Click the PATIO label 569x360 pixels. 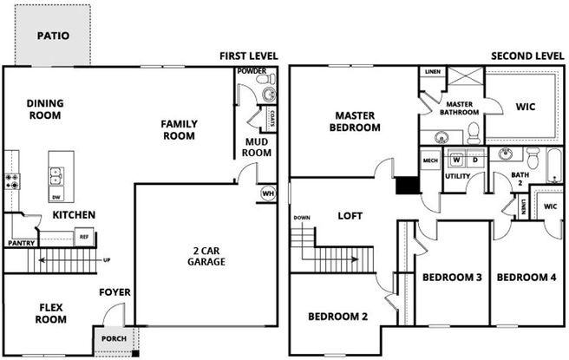coord(52,36)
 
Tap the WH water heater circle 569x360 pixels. coord(267,193)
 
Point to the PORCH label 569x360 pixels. coord(112,338)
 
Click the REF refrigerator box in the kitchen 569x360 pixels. coord(84,236)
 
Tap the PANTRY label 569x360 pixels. coord(21,244)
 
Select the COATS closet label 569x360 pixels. coord(271,117)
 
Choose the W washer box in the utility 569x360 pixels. coord(456,160)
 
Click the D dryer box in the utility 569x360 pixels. coord(475,160)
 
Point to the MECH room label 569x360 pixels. coord(430,160)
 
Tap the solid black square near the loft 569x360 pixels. coord(407,186)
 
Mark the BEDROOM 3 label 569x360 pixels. coord(452,278)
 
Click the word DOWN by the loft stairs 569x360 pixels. coord(302,217)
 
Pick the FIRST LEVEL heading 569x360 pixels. coord(248,56)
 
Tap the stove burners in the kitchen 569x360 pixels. coord(13,182)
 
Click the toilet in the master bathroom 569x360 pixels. coord(474,131)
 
